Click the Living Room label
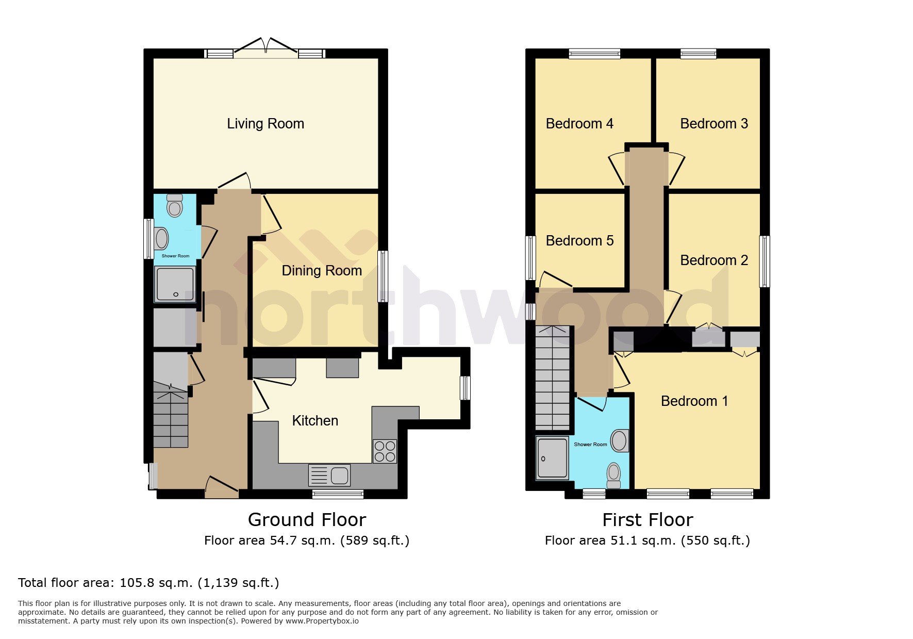click(x=265, y=124)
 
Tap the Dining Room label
click(x=322, y=271)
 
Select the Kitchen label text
click(x=315, y=421)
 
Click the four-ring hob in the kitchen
click(x=385, y=451)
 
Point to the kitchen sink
click(x=329, y=475)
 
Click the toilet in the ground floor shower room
click(x=175, y=206)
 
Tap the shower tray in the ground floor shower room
click(x=175, y=284)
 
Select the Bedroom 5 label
click(x=579, y=241)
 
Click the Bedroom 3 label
click(x=713, y=124)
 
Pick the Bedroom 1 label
click(x=694, y=401)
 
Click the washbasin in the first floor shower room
click(x=619, y=441)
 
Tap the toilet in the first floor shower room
click(x=613, y=474)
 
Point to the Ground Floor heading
click(x=307, y=520)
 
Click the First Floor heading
click(x=648, y=520)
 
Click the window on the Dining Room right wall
click(x=382, y=276)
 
